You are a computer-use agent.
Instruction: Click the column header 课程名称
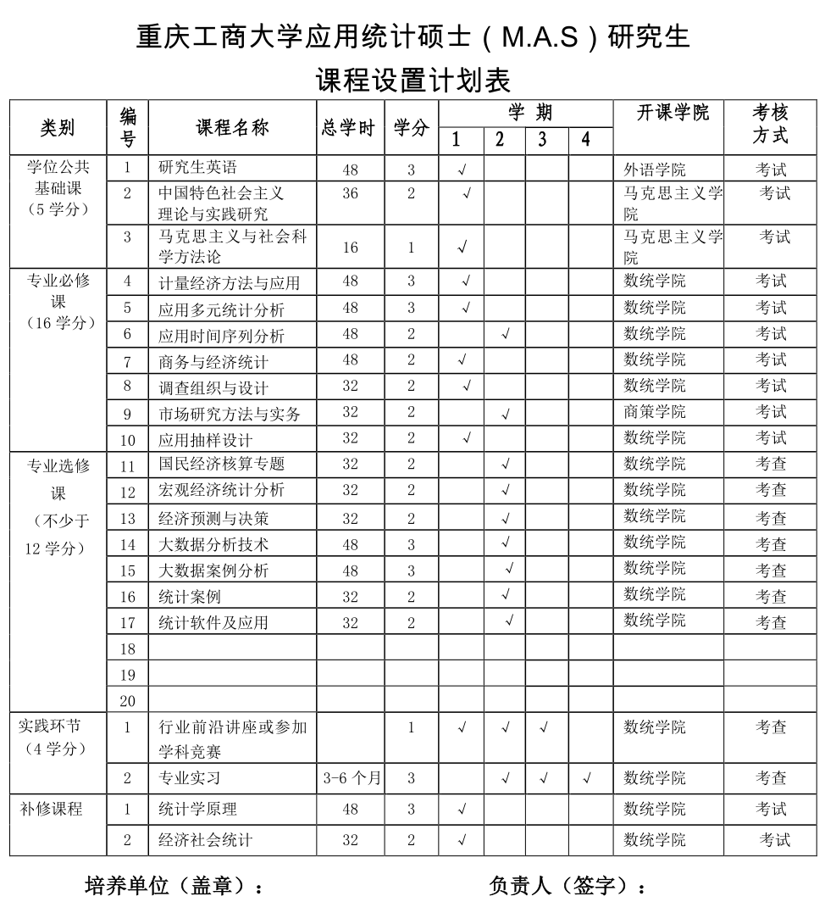[x=232, y=127]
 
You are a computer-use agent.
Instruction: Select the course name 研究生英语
[x=198, y=168]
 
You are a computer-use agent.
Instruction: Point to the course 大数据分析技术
[x=213, y=544]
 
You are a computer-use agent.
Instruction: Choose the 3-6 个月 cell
[x=352, y=778]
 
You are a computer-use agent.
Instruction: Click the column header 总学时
[x=348, y=128]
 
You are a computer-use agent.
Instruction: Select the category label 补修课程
[x=51, y=809]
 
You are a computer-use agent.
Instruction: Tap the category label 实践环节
[x=51, y=727]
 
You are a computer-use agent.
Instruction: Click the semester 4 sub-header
[x=585, y=140]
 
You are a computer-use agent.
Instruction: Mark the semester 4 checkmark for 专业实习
[x=586, y=778]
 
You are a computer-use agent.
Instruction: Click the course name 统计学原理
[x=198, y=809]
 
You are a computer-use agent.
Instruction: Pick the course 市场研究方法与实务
[x=229, y=415]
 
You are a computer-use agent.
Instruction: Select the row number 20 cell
[x=128, y=701]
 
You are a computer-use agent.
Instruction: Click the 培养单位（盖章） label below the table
[x=174, y=887]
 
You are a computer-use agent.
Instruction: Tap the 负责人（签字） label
[x=567, y=887]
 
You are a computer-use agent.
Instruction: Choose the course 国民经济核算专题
[x=221, y=464]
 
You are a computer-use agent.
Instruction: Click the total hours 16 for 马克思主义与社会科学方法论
[x=351, y=248]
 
